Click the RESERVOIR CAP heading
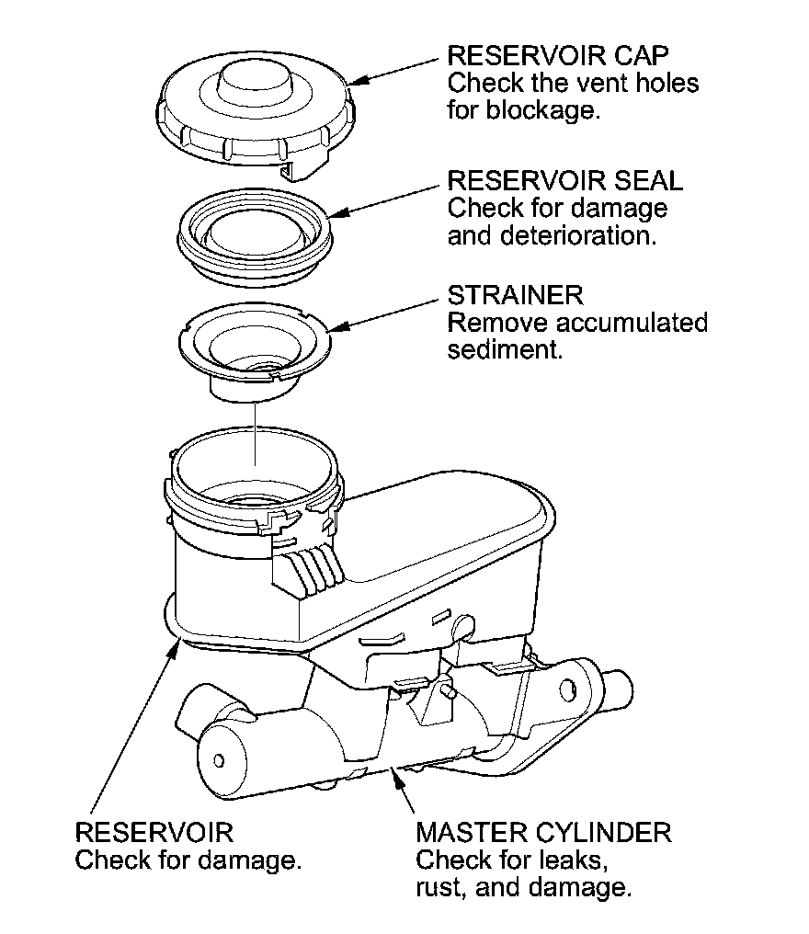557,55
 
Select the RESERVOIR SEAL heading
564,179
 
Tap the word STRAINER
515,296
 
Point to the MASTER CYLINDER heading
543,834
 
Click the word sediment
504,352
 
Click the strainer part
252,349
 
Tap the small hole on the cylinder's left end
219,759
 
